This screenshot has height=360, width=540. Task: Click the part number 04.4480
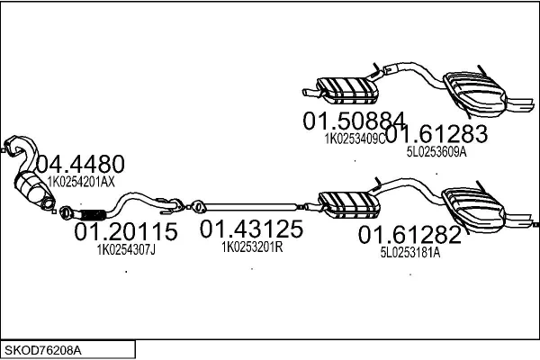click(x=80, y=164)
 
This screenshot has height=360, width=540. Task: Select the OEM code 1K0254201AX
click(x=81, y=182)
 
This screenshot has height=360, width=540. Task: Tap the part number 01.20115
click(x=126, y=231)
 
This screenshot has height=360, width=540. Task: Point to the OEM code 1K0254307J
click(x=126, y=250)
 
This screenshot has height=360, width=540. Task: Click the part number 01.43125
click(x=251, y=229)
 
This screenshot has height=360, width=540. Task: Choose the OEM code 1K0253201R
click(x=252, y=247)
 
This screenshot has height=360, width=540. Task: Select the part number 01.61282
click(x=409, y=235)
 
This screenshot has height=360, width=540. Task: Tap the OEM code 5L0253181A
click(x=410, y=253)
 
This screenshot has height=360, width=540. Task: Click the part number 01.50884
click(x=354, y=121)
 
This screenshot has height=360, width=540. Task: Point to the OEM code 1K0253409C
click(x=355, y=139)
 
